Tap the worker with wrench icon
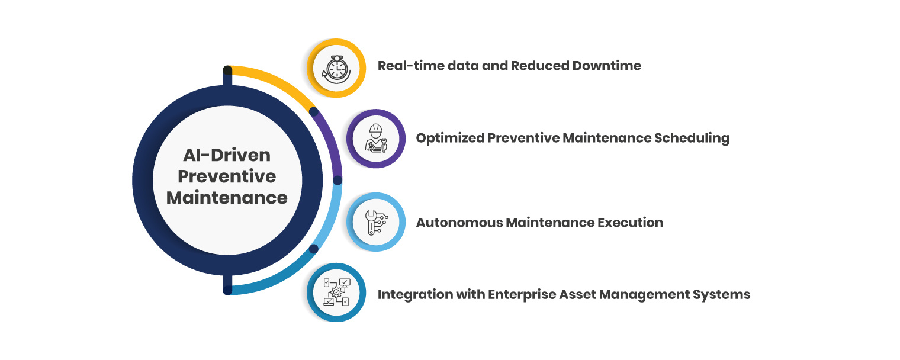[x=376, y=139]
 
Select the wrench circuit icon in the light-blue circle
[x=376, y=223]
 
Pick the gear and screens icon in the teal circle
[x=336, y=292]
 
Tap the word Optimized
[x=449, y=139]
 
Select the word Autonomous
[x=453, y=223]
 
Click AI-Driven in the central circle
[x=227, y=155]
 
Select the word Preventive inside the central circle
[x=227, y=176]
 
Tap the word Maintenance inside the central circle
[x=227, y=198]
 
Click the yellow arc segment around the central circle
[x=278, y=81]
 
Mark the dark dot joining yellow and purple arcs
[x=314, y=111]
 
